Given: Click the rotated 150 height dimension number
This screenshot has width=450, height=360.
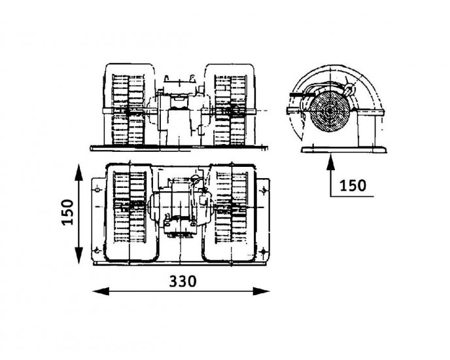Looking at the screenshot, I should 68,211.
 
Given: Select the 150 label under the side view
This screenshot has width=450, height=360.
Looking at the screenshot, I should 353,185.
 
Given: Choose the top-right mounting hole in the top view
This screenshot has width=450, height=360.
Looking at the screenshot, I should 263,190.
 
